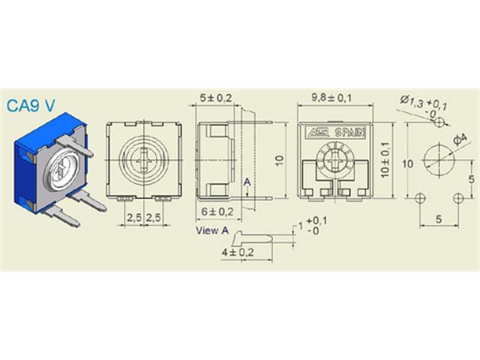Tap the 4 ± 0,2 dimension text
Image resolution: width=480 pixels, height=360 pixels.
[238, 252]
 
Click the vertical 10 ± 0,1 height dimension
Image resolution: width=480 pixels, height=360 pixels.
[386, 160]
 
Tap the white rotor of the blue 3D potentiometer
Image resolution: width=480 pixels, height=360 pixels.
[58, 163]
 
